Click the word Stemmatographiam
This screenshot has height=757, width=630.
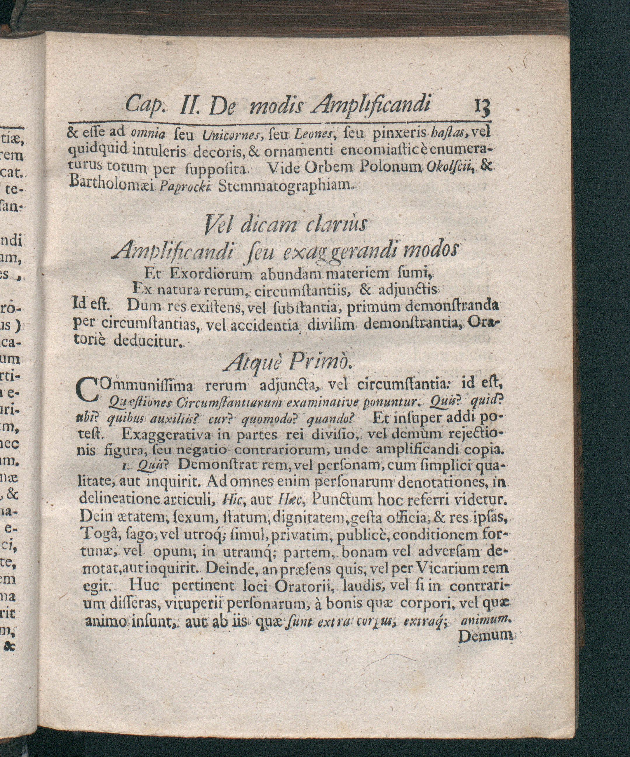pyautogui.click(x=286, y=185)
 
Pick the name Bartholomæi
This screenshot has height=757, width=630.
pyautogui.click(x=113, y=185)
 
